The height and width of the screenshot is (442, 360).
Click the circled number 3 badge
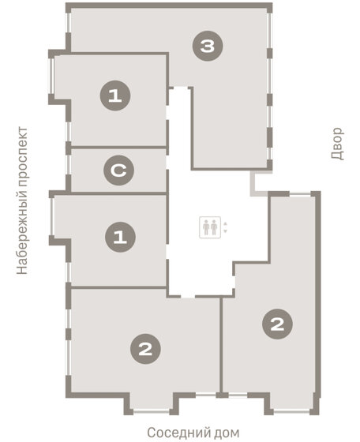coord(208,46)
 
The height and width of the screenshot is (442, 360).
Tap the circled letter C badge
coord(118,170)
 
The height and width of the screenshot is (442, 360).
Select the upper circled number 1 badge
coord(115,96)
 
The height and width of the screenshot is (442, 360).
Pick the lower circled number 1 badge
coord(120,237)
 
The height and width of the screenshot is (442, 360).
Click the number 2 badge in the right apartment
coord(277,324)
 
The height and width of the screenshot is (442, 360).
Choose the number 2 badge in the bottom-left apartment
coord(145,349)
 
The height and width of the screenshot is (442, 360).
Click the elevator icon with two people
coord(210,227)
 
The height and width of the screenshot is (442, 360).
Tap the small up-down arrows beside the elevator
coord(225,227)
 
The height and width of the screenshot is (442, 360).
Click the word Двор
coord(337,144)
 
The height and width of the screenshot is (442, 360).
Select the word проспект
coord(22,156)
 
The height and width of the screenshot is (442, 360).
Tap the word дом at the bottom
coord(227,433)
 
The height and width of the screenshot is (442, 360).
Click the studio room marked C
coord(118,170)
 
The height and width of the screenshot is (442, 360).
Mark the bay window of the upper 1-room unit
coord(51,76)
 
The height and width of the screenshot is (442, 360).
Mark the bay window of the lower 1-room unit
coord(52,217)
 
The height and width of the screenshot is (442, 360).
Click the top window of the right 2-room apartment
coord(300,193)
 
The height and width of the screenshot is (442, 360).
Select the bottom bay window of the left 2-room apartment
coord(152,411)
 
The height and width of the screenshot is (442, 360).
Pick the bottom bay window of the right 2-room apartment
coord(291,411)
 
